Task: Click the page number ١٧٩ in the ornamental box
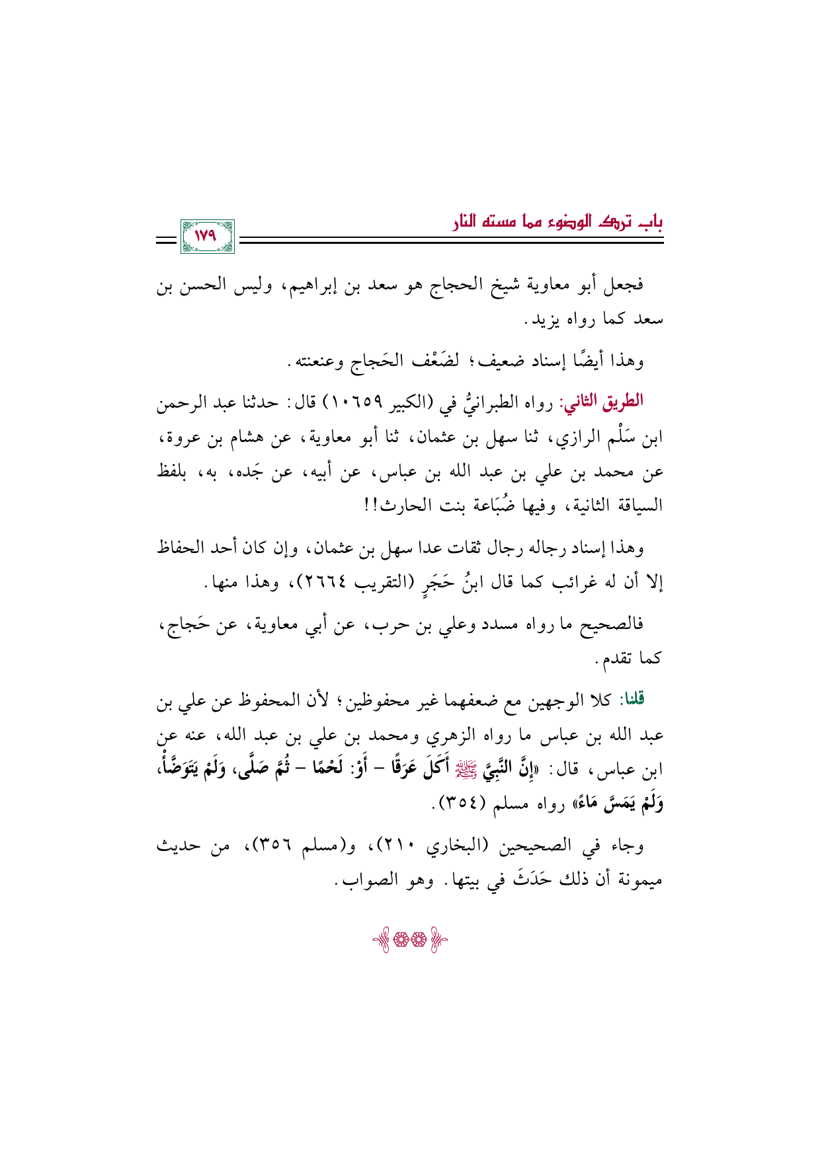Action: [x=206, y=236]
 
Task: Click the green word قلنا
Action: [x=632, y=699]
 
